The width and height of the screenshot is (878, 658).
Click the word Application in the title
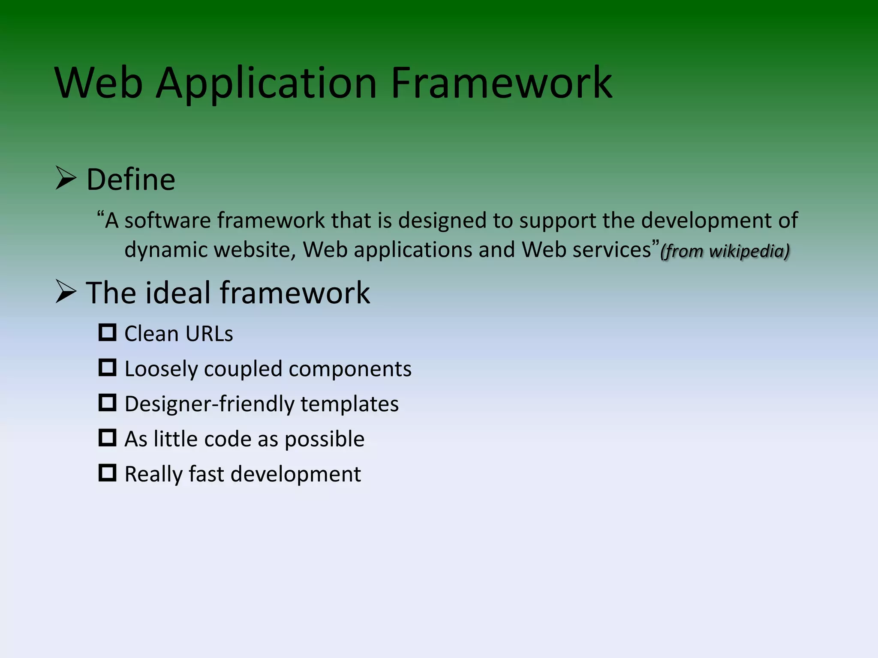(x=266, y=84)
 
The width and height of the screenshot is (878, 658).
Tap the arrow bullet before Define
(x=66, y=179)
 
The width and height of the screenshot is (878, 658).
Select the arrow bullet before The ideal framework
(x=66, y=292)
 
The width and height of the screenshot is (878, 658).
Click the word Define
(x=131, y=179)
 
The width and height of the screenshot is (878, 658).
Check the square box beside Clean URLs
(x=107, y=332)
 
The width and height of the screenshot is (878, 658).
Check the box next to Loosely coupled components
(x=107, y=368)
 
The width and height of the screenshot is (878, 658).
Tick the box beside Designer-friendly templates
(x=107, y=403)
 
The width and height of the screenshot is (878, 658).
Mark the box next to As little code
(x=107, y=438)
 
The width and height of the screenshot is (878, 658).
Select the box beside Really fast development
(x=107, y=473)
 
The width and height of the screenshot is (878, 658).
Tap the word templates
(x=349, y=404)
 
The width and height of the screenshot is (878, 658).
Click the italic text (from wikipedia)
(x=725, y=251)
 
